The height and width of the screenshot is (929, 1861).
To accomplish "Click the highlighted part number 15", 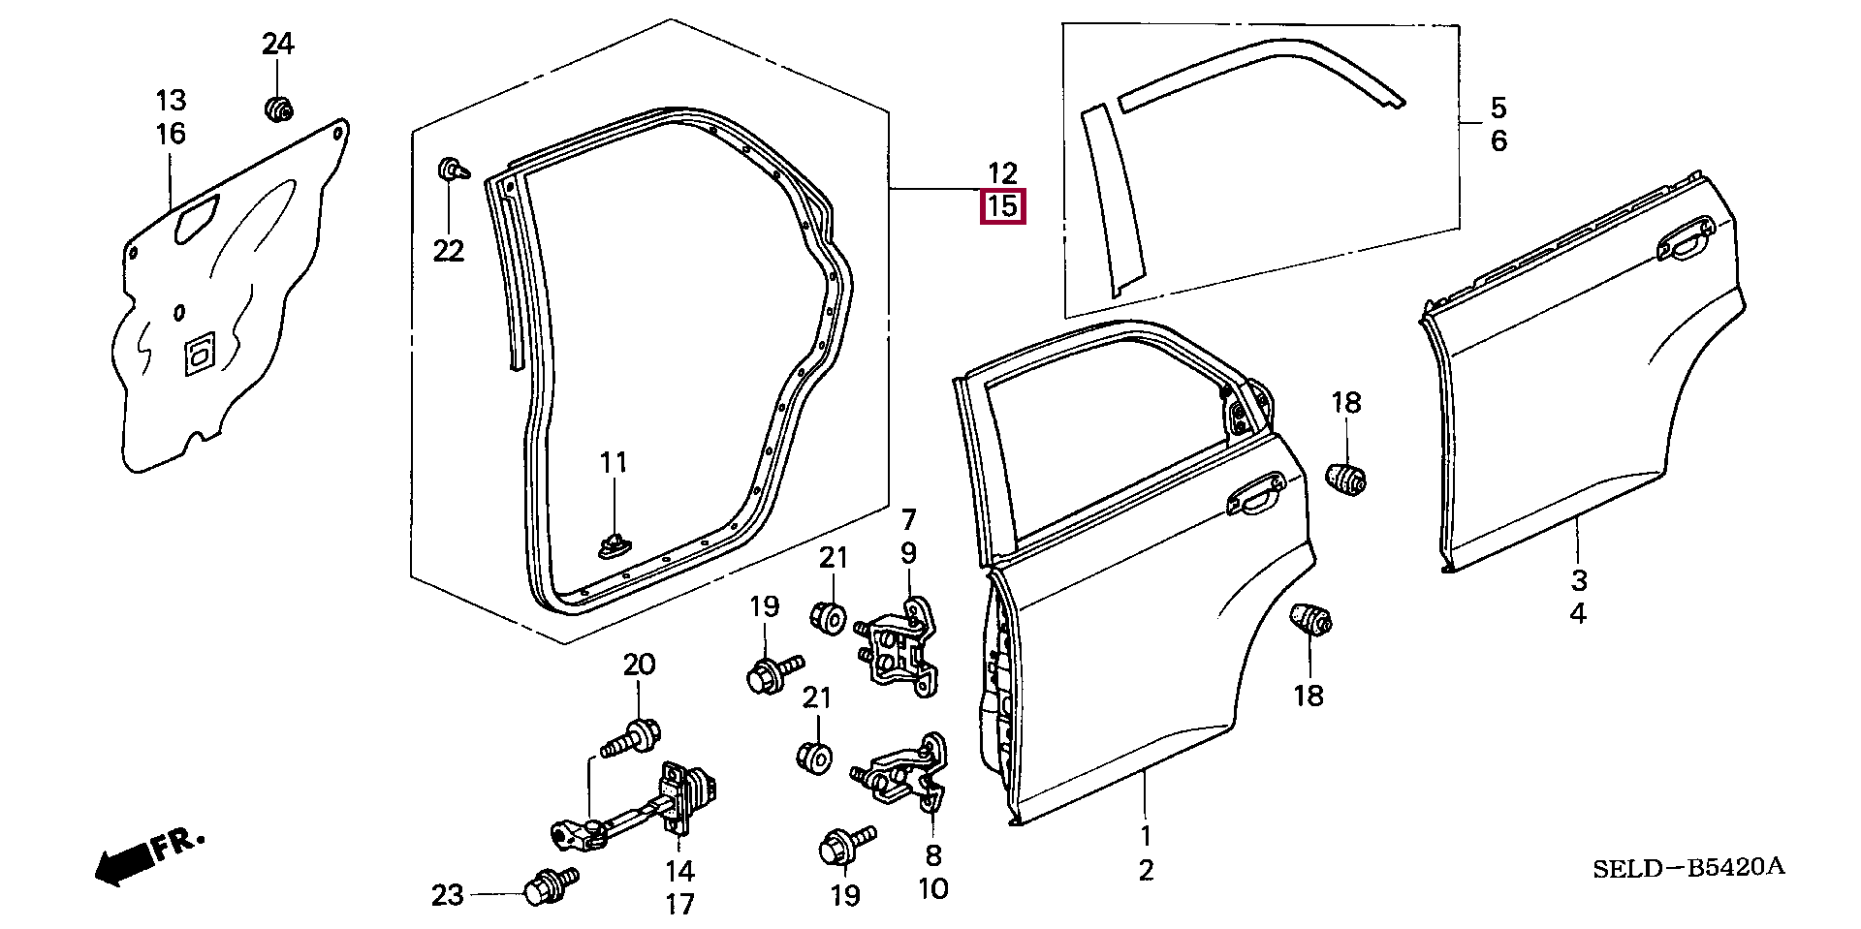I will click(x=1002, y=206).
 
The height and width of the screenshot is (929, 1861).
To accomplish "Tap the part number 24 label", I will click(x=277, y=44).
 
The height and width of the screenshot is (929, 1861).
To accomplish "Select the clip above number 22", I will click(x=452, y=171).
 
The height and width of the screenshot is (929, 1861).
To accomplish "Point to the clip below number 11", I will click(x=614, y=546).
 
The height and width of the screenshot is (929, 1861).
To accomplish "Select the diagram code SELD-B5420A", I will click(x=1688, y=867).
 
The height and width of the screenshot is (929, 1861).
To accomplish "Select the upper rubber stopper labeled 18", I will click(x=1347, y=477).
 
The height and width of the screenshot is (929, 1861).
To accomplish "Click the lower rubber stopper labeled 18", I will click(x=1310, y=620).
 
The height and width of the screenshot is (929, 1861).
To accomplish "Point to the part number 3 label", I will click(x=1579, y=580).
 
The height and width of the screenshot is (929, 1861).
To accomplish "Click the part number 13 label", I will click(x=171, y=100).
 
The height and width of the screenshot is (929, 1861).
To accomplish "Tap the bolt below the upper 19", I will click(x=773, y=673).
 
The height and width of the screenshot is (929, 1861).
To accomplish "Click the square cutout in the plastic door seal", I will click(x=198, y=355).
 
